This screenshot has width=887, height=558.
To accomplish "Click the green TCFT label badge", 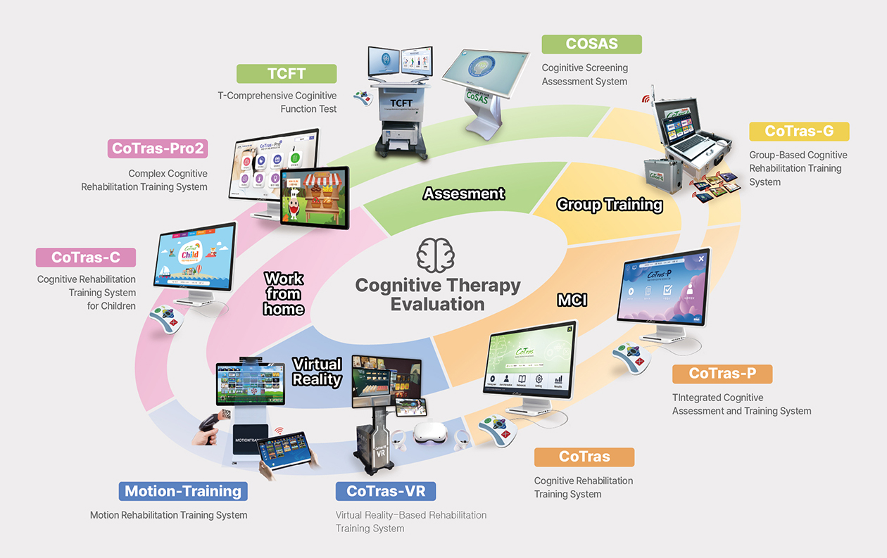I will click(x=287, y=74).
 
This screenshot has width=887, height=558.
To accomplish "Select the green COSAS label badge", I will click(x=591, y=44).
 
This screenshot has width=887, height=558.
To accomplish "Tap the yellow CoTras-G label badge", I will click(x=798, y=132).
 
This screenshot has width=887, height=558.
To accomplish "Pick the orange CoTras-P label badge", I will click(x=722, y=374).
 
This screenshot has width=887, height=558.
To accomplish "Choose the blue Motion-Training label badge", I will click(x=182, y=491).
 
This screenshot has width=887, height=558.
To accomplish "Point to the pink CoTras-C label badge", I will click(x=86, y=258).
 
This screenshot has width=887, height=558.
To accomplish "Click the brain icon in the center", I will click(x=435, y=255).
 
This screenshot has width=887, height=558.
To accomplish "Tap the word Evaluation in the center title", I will click(x=438, y=305).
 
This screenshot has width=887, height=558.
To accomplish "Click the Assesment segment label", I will click(x=464, y=194).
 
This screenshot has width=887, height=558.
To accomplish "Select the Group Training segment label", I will click(x=610, y=205).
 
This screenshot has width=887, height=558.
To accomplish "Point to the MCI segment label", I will click(x=572, y=300).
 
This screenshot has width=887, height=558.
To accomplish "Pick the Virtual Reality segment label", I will click(x=317, y=372).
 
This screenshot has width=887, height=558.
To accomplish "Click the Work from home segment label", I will click(x=284, y=293).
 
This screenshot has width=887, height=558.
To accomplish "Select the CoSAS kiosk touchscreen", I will click(x=485, y=81).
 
